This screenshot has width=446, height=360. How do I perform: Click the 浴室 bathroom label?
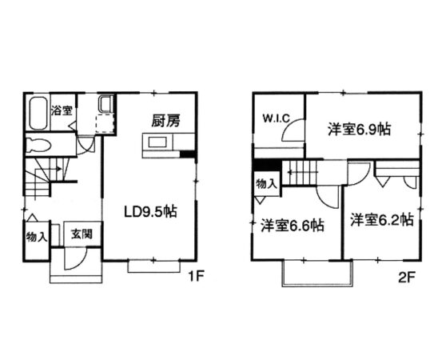(62, 110)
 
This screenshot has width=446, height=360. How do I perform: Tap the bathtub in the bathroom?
(38, 114)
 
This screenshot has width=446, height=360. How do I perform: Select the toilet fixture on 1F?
(38, 145)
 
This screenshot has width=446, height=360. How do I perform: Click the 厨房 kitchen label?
(165, 121)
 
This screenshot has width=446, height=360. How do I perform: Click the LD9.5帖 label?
(150, 212)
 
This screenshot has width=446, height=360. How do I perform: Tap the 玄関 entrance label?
(82, 234)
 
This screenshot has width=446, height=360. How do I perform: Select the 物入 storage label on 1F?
(37, 237)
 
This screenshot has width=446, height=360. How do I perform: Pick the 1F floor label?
(197, 276)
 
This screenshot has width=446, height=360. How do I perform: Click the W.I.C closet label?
(276, 118)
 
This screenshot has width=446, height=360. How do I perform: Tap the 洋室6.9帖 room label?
(359, 130)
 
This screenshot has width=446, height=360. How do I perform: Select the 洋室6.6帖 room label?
(293, 226)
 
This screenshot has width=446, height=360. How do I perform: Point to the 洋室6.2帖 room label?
(382, 220)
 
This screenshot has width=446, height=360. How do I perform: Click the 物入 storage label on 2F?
(266, 184)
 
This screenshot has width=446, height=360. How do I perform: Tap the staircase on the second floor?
(302, 173)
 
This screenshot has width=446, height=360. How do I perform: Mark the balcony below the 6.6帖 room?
(318, 274)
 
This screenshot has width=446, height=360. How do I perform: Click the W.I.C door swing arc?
(288, 127)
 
